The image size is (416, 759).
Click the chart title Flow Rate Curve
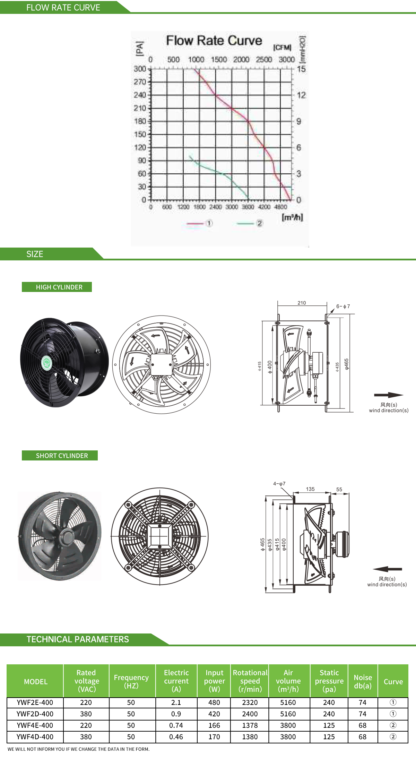pos(214,41)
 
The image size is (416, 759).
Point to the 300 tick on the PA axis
pos(140,69)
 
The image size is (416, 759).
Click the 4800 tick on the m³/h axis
pos(280,207)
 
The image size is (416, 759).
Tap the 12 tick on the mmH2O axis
pos(301,95)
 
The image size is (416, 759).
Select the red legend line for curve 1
pos(195,224)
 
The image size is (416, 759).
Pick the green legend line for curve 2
pos(245,224)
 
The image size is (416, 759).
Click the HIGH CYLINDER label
pos(59,287)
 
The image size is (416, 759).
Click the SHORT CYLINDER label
pos(62,456)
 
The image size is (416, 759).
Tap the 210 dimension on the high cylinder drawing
pos(302,303)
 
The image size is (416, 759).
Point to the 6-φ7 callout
pos(343,307)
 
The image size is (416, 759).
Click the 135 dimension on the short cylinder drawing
pos(310,489)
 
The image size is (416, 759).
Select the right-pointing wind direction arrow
pos(389,395)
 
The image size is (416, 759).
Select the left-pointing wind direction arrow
pos(387,569)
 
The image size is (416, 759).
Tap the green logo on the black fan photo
pos(46,363)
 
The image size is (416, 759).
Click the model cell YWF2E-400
pos(35,702)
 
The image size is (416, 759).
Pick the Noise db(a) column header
pos(363,681)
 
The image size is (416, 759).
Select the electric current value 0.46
pos(176,737)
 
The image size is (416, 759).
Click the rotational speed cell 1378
pos(250,725)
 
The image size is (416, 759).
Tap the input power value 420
pos(214,714)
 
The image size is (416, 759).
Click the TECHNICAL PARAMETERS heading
pos(78,639)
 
